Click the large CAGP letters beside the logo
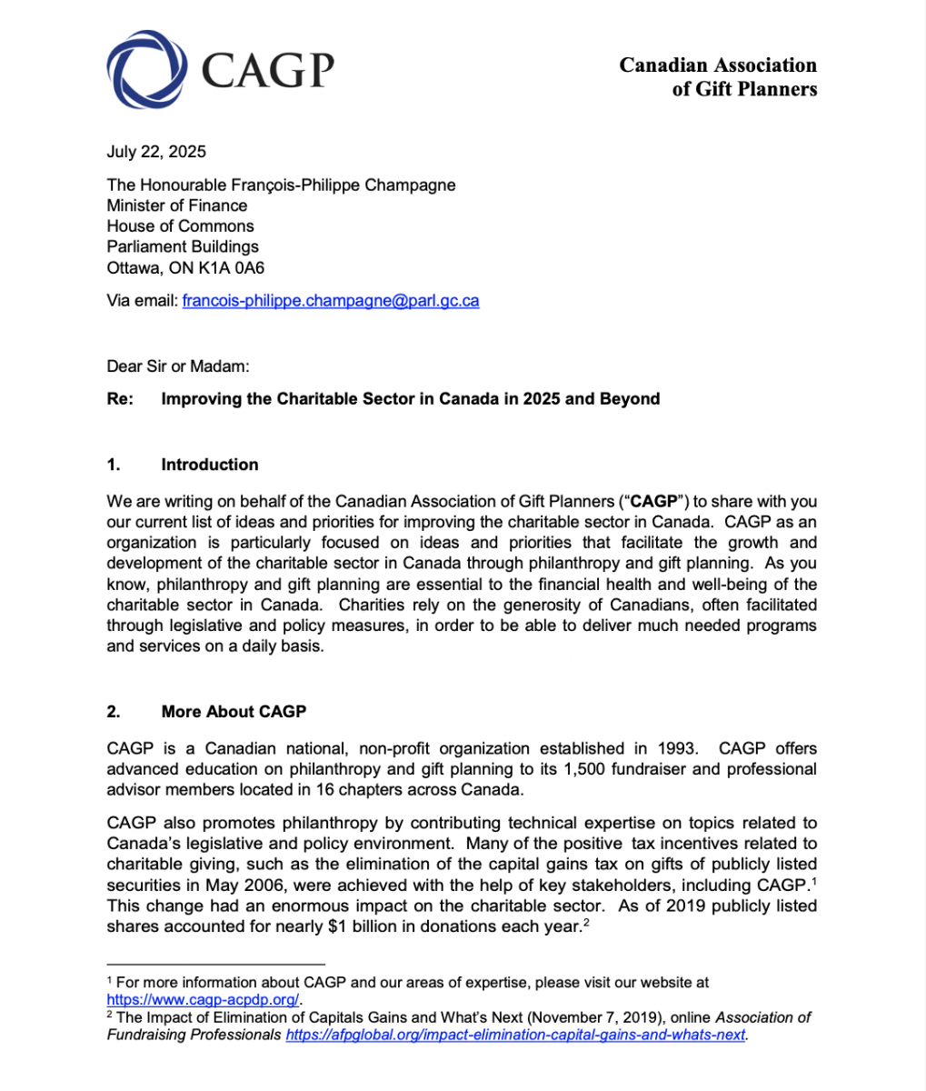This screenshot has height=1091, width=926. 267,69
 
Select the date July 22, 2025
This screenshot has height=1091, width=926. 156,152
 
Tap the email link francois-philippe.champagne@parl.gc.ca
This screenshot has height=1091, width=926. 331,300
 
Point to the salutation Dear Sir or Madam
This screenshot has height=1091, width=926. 177,366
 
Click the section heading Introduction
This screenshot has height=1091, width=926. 209,465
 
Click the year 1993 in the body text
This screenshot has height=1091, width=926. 676,749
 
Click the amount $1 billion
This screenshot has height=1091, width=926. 369,926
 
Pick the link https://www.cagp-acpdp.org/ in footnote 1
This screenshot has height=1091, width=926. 203,999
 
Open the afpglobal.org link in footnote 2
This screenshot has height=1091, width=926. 515,1035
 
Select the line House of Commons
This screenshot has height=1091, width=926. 180,226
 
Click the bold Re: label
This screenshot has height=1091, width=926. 121,399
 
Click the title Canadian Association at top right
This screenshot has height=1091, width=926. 718,65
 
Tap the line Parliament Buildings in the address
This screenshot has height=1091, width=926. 183,246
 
